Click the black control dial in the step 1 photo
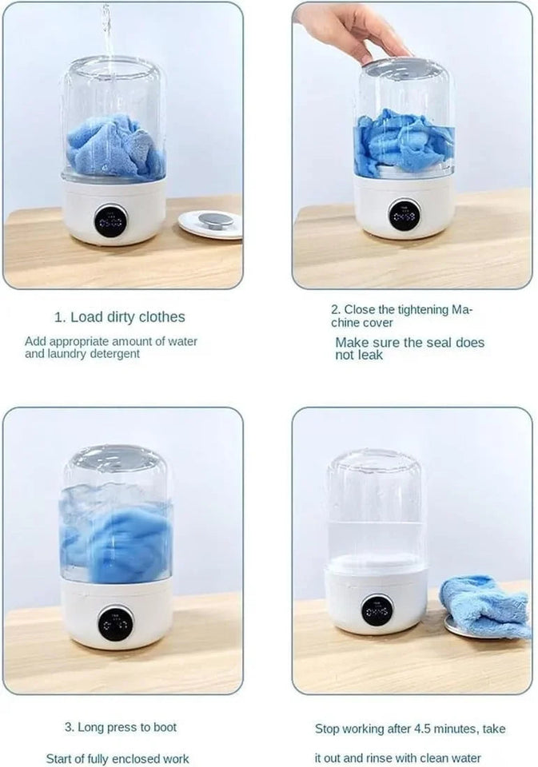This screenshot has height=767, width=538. [110, 221]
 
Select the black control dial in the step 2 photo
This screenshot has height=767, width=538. [404, 214]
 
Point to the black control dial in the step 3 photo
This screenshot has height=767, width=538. [116, 622]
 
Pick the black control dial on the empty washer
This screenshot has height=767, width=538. [377, 610]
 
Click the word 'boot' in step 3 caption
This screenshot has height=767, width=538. [163, 727]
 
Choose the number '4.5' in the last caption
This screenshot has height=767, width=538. [430, 729]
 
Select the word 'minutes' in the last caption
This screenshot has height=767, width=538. [464, 729]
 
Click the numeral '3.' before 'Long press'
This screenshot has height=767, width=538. [70, 727]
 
